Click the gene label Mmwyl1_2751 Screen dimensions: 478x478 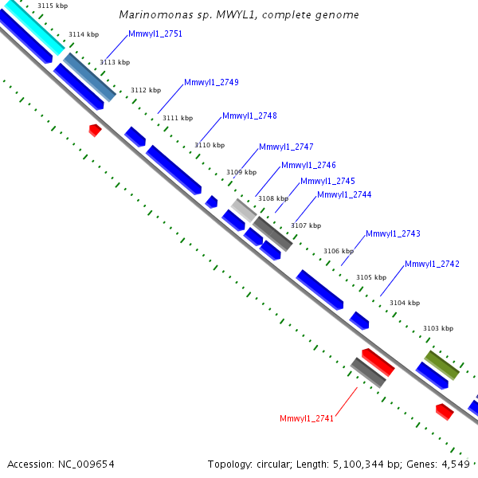click(x=155, y=34)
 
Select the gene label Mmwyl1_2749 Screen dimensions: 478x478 click(x=211, y=82)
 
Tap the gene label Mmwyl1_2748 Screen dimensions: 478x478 click(x=249, y=116)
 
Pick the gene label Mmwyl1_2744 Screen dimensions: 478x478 click(x=344, y=194)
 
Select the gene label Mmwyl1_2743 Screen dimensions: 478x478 click(x=393, y=233)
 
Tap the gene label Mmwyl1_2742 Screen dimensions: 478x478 click(x=432, y=264)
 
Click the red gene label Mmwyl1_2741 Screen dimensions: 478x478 click(x=307, y=418)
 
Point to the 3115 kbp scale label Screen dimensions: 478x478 click(x=52, y=6)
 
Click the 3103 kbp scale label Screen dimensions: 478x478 click(x=437, y=328)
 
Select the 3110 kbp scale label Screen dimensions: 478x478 click(x=210, y=145)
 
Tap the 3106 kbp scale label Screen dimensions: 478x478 click(x=338, y=251)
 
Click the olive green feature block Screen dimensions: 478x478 click(x=441, y=364)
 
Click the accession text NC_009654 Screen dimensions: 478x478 click(x=87, y=464)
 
